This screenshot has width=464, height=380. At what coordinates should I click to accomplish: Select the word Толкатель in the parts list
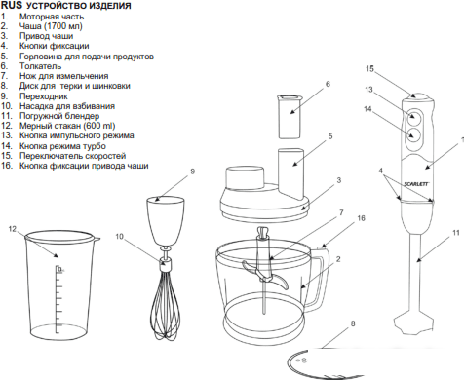tap(40, 66)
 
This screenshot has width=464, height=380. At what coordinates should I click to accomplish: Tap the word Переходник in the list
tap(44, 96)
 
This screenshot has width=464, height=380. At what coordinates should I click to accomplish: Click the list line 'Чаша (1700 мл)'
tap(51, 26)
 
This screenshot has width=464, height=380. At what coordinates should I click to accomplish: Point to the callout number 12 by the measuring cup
tap(12, 229)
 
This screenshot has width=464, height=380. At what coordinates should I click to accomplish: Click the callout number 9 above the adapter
tap(192, 171)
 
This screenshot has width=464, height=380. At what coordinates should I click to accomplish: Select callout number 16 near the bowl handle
tap(361, 218)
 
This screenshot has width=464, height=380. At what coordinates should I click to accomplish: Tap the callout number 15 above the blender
tap(369, 69)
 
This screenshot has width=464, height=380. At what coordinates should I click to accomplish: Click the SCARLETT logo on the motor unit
tap(416, 184)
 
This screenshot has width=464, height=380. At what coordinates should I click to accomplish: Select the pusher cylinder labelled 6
tap(290, 117)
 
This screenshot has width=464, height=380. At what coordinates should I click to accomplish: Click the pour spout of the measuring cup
tap(97, 240)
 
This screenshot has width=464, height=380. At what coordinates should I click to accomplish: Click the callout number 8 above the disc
tap(353, 323)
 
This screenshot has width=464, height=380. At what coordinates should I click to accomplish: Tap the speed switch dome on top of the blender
tap(417, 95)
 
